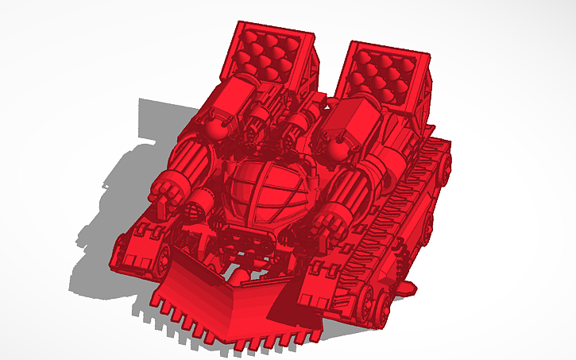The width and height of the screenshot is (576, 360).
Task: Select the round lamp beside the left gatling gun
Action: (x=195, y=211)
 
